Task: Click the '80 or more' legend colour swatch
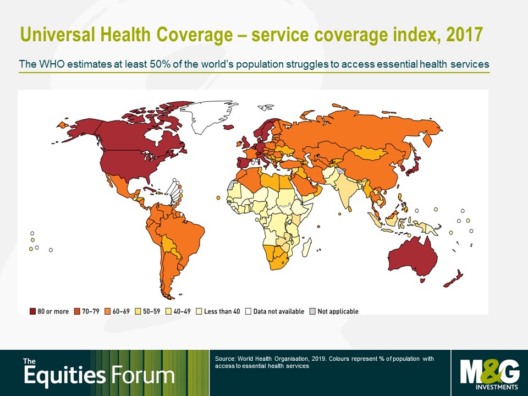tap(32, 311)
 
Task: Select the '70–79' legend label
tap(91, 311)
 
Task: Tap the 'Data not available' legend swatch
tap(248, 311)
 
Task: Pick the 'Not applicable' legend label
tap(338, 311)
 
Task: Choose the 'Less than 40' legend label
tap(222, 311)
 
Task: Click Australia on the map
tap(413, 257)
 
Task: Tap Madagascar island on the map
tap(306, 247)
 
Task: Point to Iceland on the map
tap(229, 127)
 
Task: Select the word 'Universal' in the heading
tap(57, 34)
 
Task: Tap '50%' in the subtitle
tap(160, 64)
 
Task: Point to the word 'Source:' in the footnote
tap(225, 359)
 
